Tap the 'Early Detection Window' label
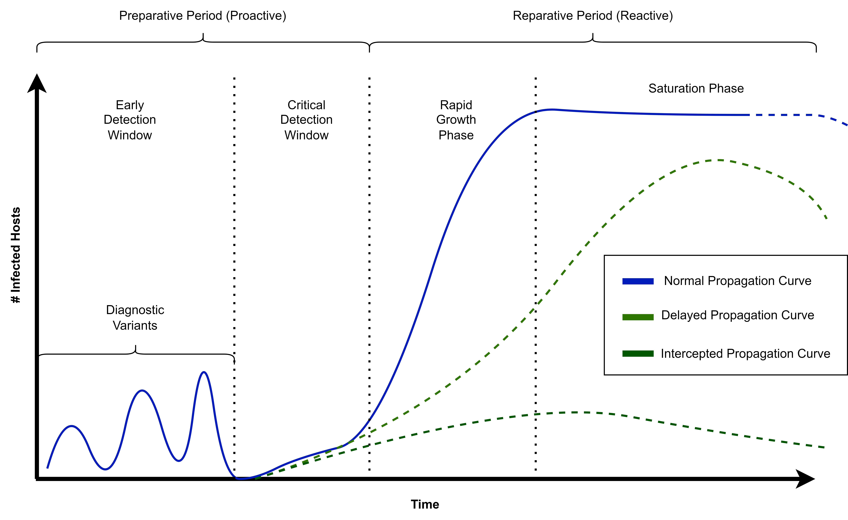click(x=130, y=120)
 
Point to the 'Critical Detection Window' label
click(x=306, y=120)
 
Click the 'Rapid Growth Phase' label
click(x=456, y=120)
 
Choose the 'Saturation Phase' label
click(x=696, y=89)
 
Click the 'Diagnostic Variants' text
click(x=135, y=318)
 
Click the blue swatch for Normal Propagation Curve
click(x=638, y=281)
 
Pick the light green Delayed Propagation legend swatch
click(x=638, y=317)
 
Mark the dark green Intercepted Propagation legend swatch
click(x=638, y=354)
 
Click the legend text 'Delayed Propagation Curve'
click(x=738, y=315)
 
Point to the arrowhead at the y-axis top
click(x=37, y=83)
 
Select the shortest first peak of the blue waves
click(x=71, y=426)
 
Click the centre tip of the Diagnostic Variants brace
click(x=136, y=346)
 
